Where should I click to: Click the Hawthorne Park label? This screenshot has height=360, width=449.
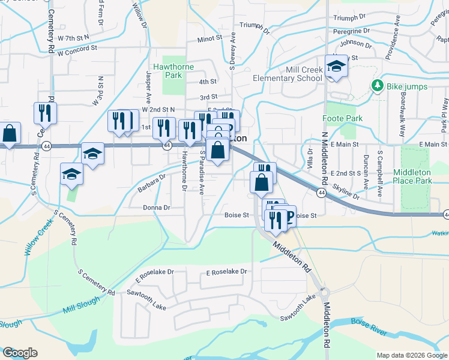173,71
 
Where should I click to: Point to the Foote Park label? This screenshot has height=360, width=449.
342,118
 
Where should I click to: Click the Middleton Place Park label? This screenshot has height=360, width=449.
412,176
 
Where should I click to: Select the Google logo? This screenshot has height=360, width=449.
20,353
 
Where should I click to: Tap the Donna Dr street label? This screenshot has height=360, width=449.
157,208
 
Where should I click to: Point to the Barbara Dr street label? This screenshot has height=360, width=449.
150,182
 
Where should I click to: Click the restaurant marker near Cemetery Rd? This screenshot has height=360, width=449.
45,113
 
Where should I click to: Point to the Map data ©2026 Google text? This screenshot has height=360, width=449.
411,355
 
